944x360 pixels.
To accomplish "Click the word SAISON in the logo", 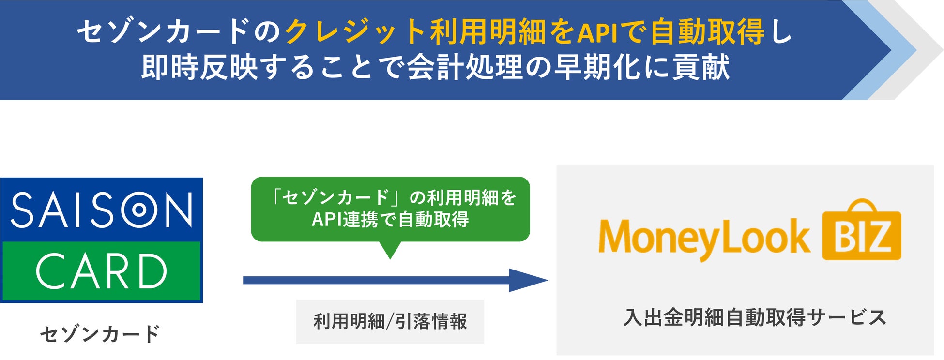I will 102,210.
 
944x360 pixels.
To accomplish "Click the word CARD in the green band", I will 102,271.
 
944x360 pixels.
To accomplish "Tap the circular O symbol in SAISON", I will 139,210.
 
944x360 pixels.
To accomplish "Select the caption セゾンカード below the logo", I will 100,334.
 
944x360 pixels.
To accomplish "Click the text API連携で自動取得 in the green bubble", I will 390,220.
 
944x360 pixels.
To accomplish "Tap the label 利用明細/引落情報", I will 390,322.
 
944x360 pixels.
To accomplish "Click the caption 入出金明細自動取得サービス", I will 755,318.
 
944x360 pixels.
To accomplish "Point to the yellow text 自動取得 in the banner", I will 707,32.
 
